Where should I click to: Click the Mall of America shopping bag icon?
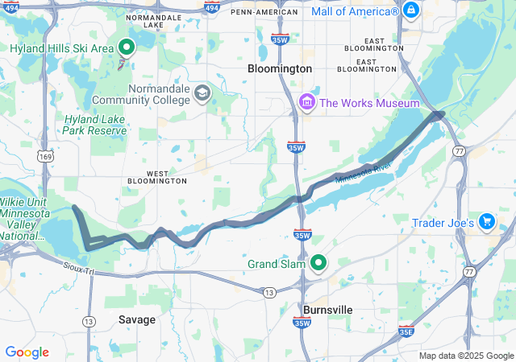click(x=411, y=10)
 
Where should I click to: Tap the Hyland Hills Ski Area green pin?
click(x=127, y=47)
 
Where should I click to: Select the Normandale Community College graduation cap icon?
click(x=202, y=94)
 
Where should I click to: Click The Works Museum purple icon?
click(x=306, y=103)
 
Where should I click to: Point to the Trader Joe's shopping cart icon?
click(x=486, y=221)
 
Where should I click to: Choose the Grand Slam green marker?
click(x=318, y=263)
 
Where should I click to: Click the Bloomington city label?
click(x=279, y=69)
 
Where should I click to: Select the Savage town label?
click(x=136, y=319)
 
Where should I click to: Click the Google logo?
click(x=27, y=352)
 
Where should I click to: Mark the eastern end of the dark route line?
click(x=441, y=114)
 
